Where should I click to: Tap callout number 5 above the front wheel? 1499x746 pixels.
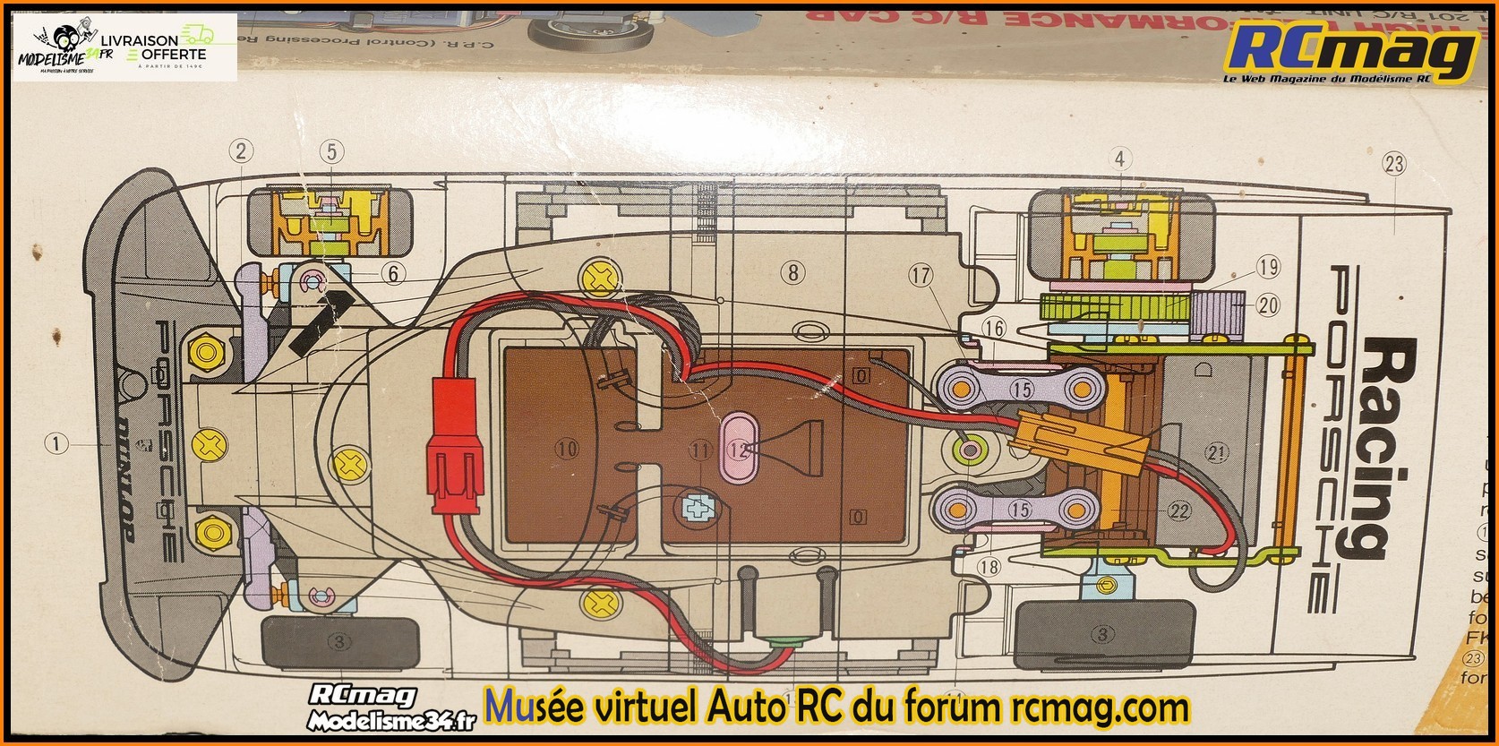(330, 151)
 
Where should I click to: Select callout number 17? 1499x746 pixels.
(921, 276)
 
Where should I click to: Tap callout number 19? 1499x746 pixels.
(1268, 266)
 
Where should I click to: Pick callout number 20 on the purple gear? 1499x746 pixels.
(1268, 305)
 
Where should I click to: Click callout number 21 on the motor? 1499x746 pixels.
(1216, 453)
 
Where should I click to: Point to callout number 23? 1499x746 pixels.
(1393, 164)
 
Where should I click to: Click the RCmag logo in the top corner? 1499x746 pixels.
(1353, 52)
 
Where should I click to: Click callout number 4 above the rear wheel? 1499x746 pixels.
(1118, 159)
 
